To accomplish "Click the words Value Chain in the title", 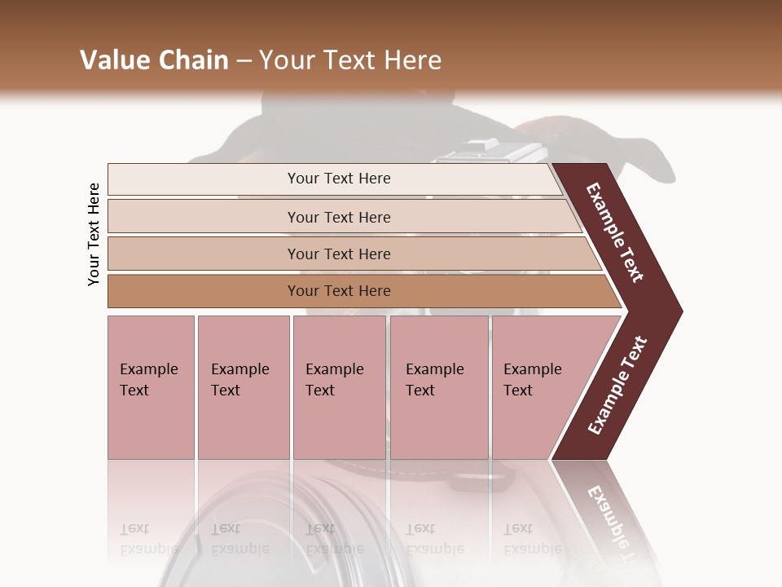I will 154,60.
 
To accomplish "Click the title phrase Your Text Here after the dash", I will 350,60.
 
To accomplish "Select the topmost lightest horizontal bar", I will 204,179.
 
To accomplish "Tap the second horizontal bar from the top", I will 204,217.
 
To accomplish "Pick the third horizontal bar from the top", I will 204,254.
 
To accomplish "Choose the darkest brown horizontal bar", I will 204,291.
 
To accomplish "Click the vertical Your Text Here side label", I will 94,234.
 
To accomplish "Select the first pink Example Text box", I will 151,386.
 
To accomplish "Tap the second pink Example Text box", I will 243,386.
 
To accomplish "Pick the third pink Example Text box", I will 338,386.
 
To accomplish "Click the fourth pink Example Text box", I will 438,386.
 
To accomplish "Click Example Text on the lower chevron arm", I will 617,386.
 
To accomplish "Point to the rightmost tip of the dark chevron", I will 680,311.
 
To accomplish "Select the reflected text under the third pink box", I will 334,539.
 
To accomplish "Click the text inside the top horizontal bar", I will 339,179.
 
